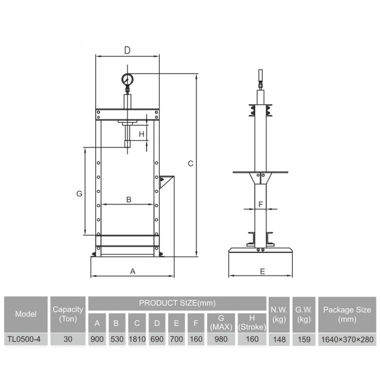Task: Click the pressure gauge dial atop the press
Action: click(127, 80)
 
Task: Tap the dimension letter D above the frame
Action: click(127, 50)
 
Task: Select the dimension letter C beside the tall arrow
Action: click(190, 164)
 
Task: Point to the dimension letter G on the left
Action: click(79, 193)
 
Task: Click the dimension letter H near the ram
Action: click(141, 134)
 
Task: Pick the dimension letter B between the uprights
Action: click(129, 199)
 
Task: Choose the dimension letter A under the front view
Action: click(132, 271)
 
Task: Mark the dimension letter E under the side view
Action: click(262, 271)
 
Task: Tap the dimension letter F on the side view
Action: click(261, 204)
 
